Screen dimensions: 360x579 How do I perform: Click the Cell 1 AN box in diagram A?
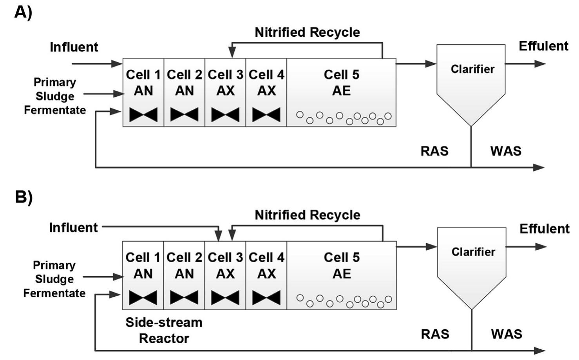pyautogui.click(x=143, y=92)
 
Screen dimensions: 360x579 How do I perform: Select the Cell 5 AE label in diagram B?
pyautogui.click(x=341, y=266)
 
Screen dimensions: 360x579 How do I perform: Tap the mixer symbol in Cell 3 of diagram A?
pyautogui.click(x=225, y=115)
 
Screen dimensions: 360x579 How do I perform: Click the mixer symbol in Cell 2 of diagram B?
pyautogui.click(x=184, y=298)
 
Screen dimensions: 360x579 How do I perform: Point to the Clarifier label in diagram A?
pyautogui.click(x=472, y=69)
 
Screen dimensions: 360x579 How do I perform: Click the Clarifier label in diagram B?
pyautogui.click(x=473, y=252)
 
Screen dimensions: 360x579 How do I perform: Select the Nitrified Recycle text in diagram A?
pyautogui.click(x=307, y=32)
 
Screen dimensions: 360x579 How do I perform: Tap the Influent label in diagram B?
pyautogui.click(x=73, y=228)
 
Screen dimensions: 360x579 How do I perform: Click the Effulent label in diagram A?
pyautogui.click(x=543, y=46)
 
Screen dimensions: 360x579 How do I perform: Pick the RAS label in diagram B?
pyautogui.click(x=435, y=334)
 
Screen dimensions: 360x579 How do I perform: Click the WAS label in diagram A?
pyautogui.click(x=506, y=151)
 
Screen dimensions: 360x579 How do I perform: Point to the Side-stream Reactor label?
pyautogui.click(x=164, y=330)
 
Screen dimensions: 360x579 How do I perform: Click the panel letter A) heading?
pyautogui.click(x=23, y=13)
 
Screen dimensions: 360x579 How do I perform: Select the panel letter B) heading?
pyautogui.click(x=23, y=197)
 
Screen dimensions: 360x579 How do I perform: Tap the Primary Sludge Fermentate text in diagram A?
pyautogui.click(x=55, y=96)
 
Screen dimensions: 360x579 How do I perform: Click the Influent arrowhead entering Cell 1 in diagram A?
pyautogui.click(x=117, y=63)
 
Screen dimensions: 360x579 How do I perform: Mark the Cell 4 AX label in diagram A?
pyautogui.click(x=266, y=83)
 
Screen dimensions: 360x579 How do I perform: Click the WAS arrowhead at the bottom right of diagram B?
pyautogui.click(x=540, y=351)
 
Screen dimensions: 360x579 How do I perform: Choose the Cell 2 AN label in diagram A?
pyautogui.click(x=184, y=83)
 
